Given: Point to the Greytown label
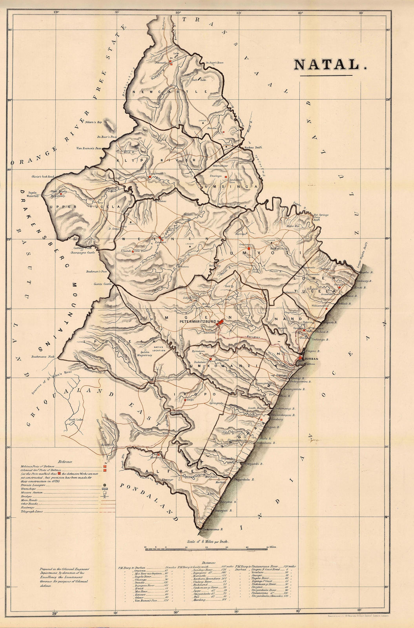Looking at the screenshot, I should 250,244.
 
